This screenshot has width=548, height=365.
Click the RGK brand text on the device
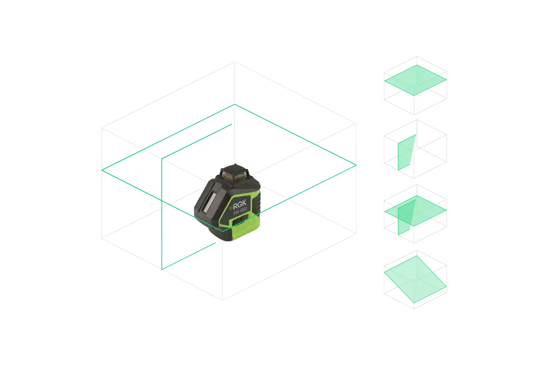click(x=239, y=205)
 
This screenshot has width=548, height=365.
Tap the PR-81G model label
click(x=240, y=211)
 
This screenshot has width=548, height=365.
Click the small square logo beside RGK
click(x=231, y=208)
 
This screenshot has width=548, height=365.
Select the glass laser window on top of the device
click(x=234, y=175)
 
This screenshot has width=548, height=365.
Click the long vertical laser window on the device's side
click(x=209, y=202)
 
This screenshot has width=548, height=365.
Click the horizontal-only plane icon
click(x=416, y=86)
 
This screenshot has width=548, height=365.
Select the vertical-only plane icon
click(x=416, y=149)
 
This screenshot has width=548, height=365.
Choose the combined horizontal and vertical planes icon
click(x=416, y=214)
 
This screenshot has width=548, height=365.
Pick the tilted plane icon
click(x=416, y=279)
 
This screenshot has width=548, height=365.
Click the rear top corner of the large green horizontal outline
click(x=235, y=104)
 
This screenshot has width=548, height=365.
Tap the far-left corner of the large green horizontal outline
click(x=102, y=170)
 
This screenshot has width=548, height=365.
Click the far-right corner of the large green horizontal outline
click(x=356, y=165)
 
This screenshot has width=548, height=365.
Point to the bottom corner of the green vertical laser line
click(x=162, y=269)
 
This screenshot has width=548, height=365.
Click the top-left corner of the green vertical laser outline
click(x=162, y=159)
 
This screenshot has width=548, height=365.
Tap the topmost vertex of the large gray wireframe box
click(x=235, y=62)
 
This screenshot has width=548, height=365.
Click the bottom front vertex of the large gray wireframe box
click(x=222, y=300)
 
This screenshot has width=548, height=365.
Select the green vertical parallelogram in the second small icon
click(x=406, y=152)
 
